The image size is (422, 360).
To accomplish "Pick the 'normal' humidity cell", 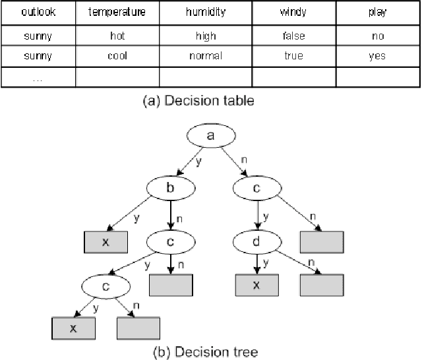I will (206, 57).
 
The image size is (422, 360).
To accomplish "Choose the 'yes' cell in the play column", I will (377, 57).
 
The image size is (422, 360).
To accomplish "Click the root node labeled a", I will (210, 136).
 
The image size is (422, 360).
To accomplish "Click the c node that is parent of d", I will (256, 188).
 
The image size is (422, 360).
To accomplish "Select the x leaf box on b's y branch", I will (105, 242).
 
